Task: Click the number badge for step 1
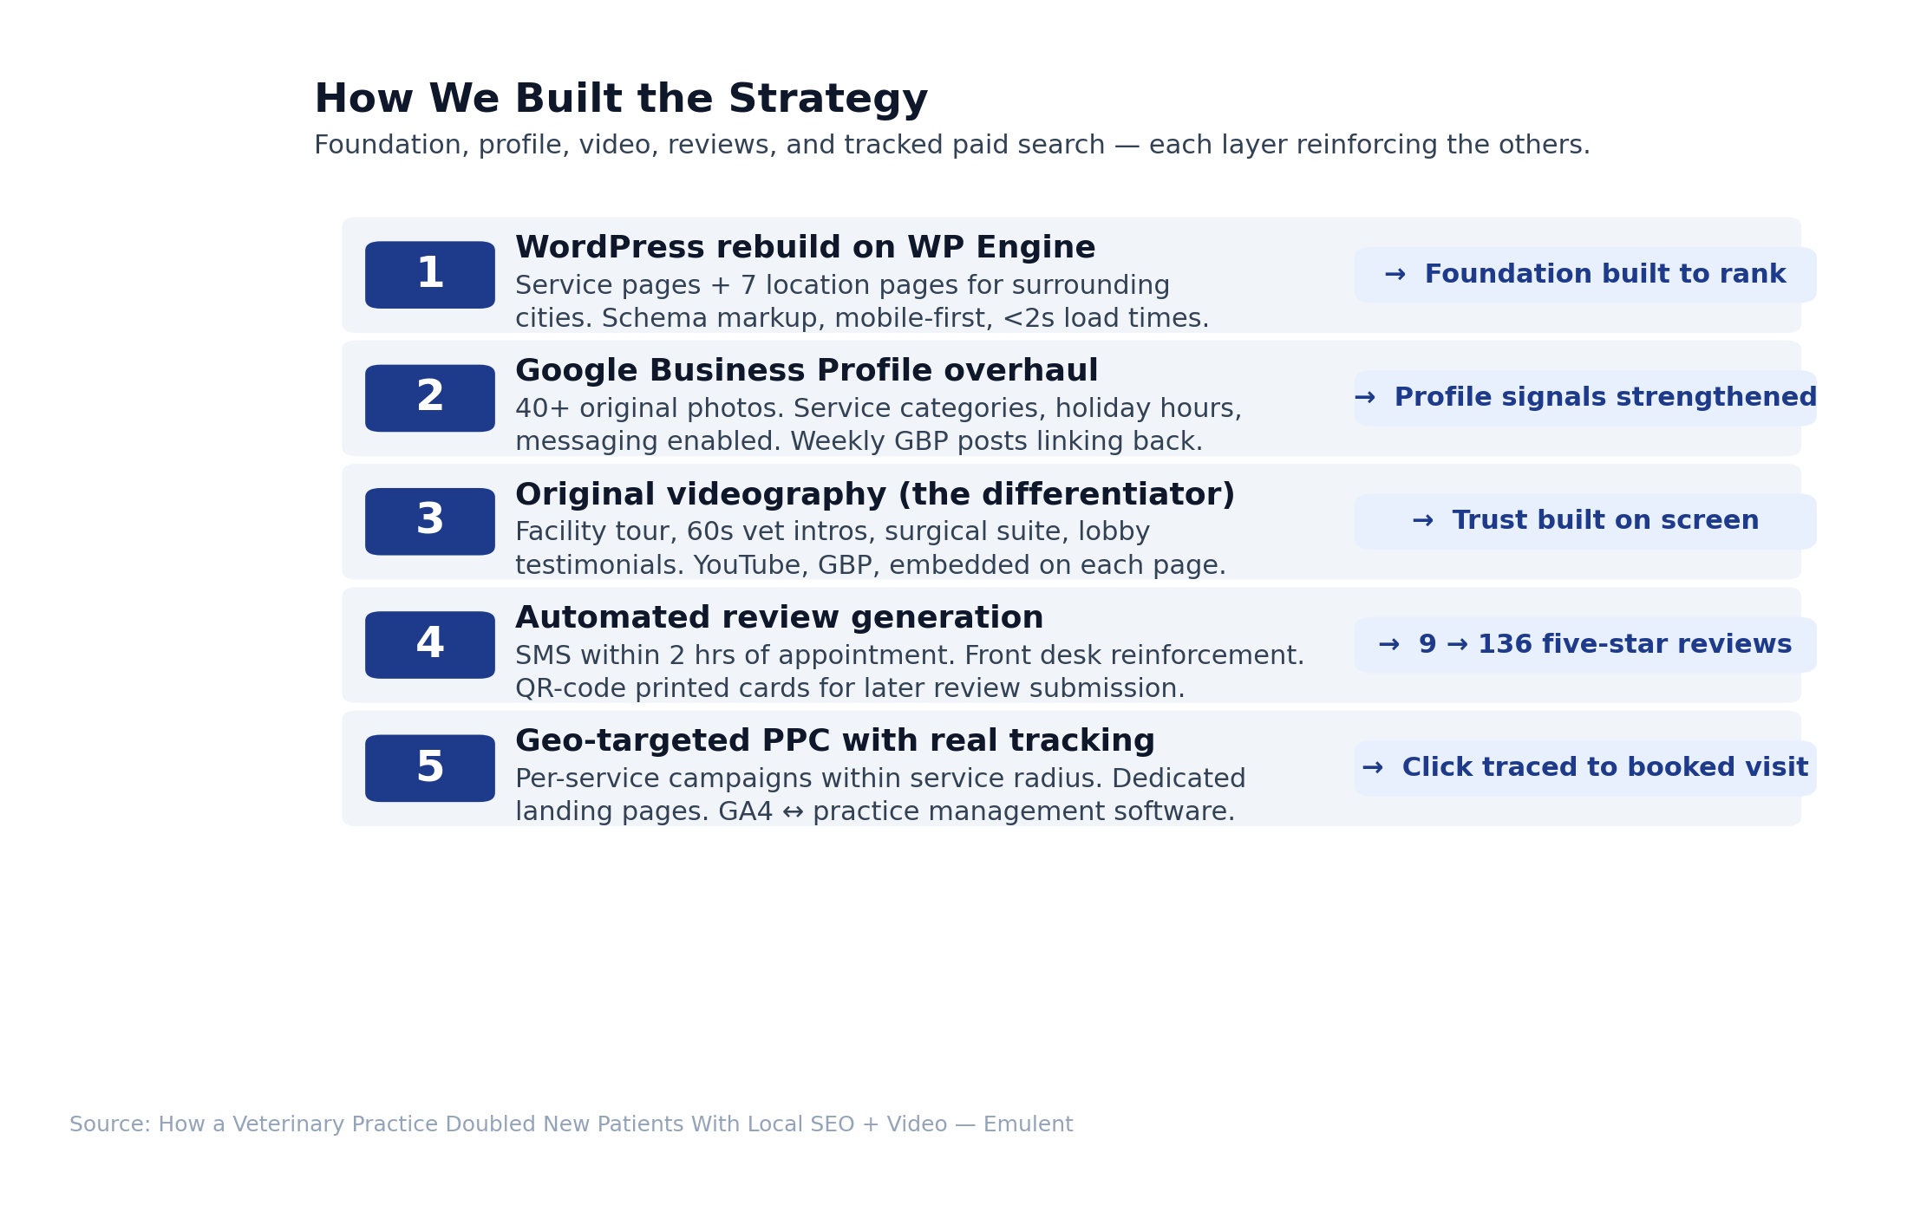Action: [430, 275]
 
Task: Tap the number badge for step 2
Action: [430, 398]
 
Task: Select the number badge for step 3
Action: [430, 522]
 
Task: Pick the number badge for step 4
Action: [430, 645]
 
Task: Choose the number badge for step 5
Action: [430, 768]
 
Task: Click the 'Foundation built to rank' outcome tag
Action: [1585, 275]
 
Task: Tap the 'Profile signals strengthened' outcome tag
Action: [1585, 398]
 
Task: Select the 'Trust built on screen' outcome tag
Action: [1585, 522]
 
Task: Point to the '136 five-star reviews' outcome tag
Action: [1585, 645]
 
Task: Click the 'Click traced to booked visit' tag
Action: [1585, 768]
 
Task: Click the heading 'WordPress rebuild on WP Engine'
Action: [806, 248]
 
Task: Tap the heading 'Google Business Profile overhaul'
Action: [807, 371]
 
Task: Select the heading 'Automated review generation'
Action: [780, 618]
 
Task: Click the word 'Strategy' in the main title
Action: [828, 101]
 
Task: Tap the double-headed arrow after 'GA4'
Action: [793, 812]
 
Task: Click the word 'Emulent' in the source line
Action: [1028, 1125]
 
